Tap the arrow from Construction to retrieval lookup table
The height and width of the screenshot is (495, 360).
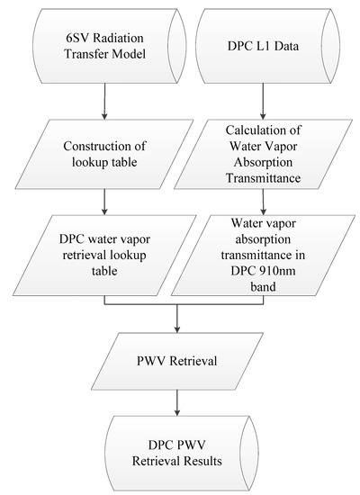click(x=105, y=205)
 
